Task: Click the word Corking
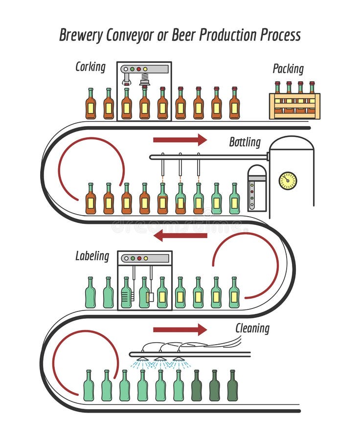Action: [x=90, y=66]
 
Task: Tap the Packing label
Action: [x=288, y=69]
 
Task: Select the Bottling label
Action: [x=245, y=142]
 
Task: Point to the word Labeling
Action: [x=92, y=256]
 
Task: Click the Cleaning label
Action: [x=252, y=328]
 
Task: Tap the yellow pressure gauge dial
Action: [x=288, y=180]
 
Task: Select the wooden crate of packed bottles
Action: [x=294, y=105]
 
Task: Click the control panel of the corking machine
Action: [x=144, y=69]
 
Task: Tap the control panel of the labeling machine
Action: [x=145, y=258]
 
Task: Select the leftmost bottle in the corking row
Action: [x=90, y=105]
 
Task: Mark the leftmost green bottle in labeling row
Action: [x=90, y=293]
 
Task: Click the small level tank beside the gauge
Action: [x=257, y=188]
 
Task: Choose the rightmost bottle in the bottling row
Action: [x=234, y=199]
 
